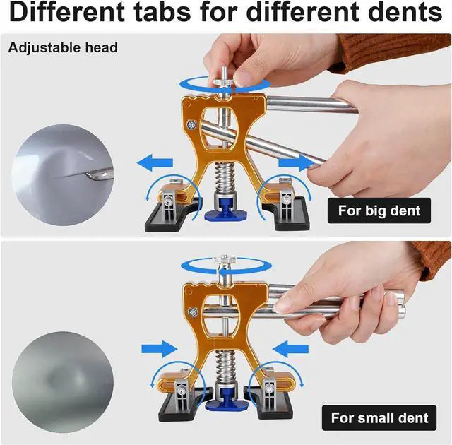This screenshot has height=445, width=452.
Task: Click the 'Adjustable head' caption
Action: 64,48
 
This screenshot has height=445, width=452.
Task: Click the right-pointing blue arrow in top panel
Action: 299,162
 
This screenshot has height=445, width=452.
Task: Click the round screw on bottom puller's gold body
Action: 191,311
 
